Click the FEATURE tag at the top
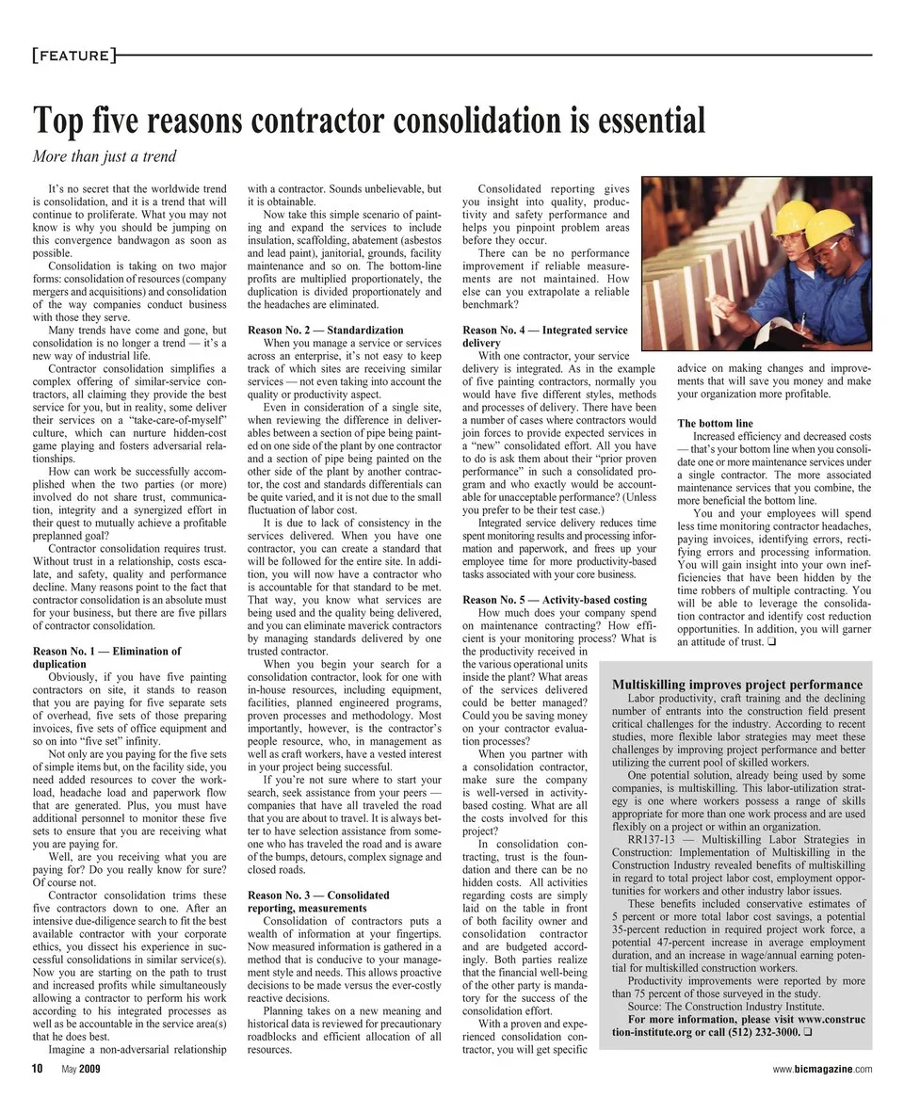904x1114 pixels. [x=71, y=56]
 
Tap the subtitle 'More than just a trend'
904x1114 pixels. [x=105, y=156]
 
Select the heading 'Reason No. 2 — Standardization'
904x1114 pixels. [x=325, y=331]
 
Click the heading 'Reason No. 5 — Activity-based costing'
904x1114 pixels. [x=555, y=600]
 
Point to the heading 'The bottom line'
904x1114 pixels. [x=715, y=424]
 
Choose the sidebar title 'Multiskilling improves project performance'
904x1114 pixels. [x=737, y=685]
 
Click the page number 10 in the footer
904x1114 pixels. [x=38, y=1069]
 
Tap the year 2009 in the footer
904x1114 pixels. [x=89, y=1069]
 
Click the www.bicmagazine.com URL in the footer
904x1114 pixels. [x=822, y=1069]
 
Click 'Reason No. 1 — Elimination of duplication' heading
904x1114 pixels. [x=106, y=657]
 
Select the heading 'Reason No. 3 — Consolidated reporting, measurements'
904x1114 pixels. [x=318, y=901]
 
